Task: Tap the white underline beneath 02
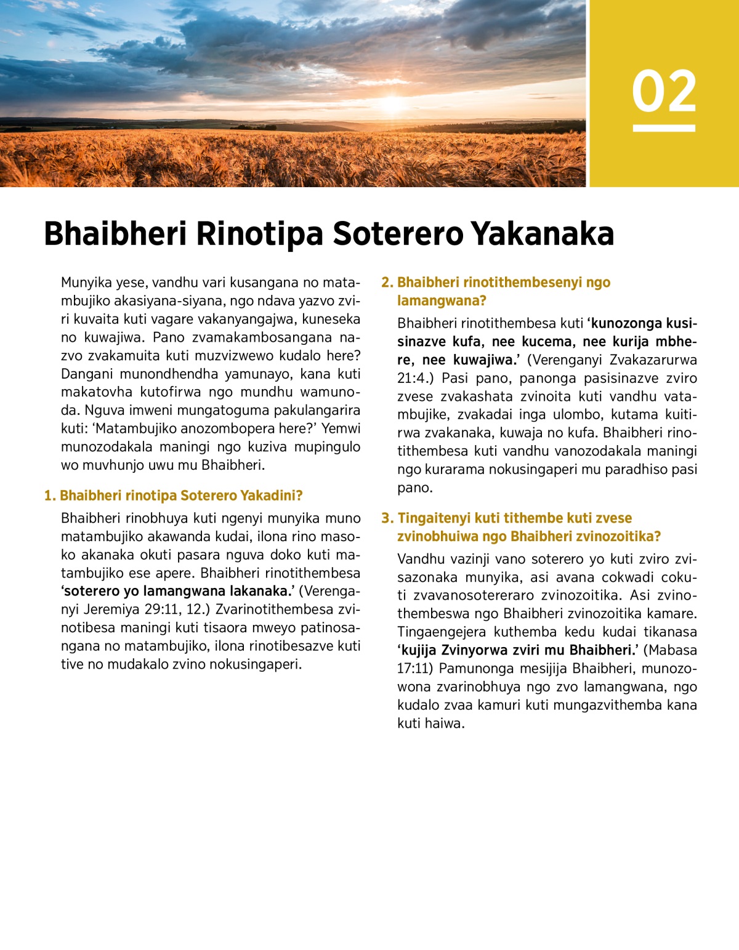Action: [664, 128]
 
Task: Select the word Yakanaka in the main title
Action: [543, 234]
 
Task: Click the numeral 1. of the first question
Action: [50, 496]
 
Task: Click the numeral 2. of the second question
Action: [387, 283]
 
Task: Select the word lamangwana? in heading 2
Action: [442, 300]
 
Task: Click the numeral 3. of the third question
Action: [387, 518]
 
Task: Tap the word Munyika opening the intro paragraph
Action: [85, 283]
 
